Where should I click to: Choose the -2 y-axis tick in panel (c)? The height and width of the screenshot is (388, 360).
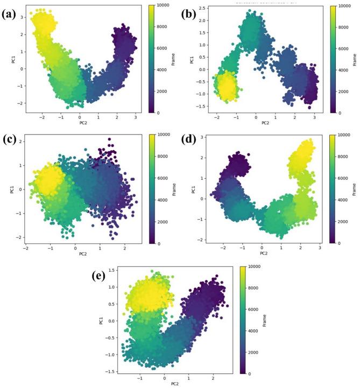point(19,237)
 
